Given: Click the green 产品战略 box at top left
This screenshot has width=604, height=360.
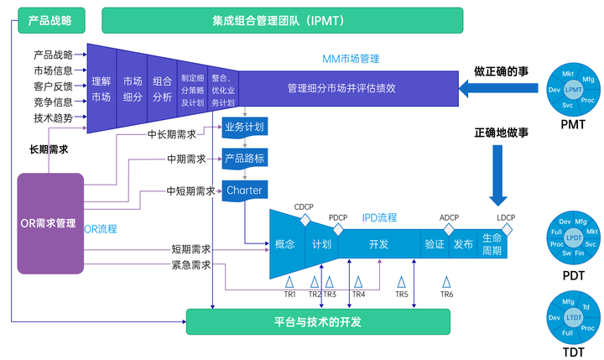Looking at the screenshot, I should point(50,18).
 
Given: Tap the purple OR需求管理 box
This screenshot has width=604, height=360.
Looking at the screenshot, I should point(50,223).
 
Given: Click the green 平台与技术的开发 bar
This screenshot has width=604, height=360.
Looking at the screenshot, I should point(318,321).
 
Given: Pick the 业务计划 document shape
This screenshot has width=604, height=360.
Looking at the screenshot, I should point(244,128).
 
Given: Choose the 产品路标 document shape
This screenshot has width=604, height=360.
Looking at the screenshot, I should point(244,159).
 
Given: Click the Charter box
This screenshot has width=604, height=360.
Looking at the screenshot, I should point(244,190).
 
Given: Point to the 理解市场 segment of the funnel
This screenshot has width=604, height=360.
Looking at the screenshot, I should point(101,89).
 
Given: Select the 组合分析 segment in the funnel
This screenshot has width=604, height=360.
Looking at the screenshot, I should point(162,89).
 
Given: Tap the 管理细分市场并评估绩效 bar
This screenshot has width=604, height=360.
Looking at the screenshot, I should point(352,88).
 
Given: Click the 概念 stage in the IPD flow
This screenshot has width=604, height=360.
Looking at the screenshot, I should point(285,244).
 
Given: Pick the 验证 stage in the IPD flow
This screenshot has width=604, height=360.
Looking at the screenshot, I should point(434,244).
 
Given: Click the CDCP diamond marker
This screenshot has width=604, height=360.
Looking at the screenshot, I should point(305,218).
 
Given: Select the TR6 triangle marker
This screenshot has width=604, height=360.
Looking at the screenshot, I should point(446,281).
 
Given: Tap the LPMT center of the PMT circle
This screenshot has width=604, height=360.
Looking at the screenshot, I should point(574,89).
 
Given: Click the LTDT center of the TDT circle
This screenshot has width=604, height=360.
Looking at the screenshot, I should point(574,317).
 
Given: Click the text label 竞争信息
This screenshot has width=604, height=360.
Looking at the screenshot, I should point(53,102).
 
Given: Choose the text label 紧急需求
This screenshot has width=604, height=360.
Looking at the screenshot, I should point(190,265).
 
